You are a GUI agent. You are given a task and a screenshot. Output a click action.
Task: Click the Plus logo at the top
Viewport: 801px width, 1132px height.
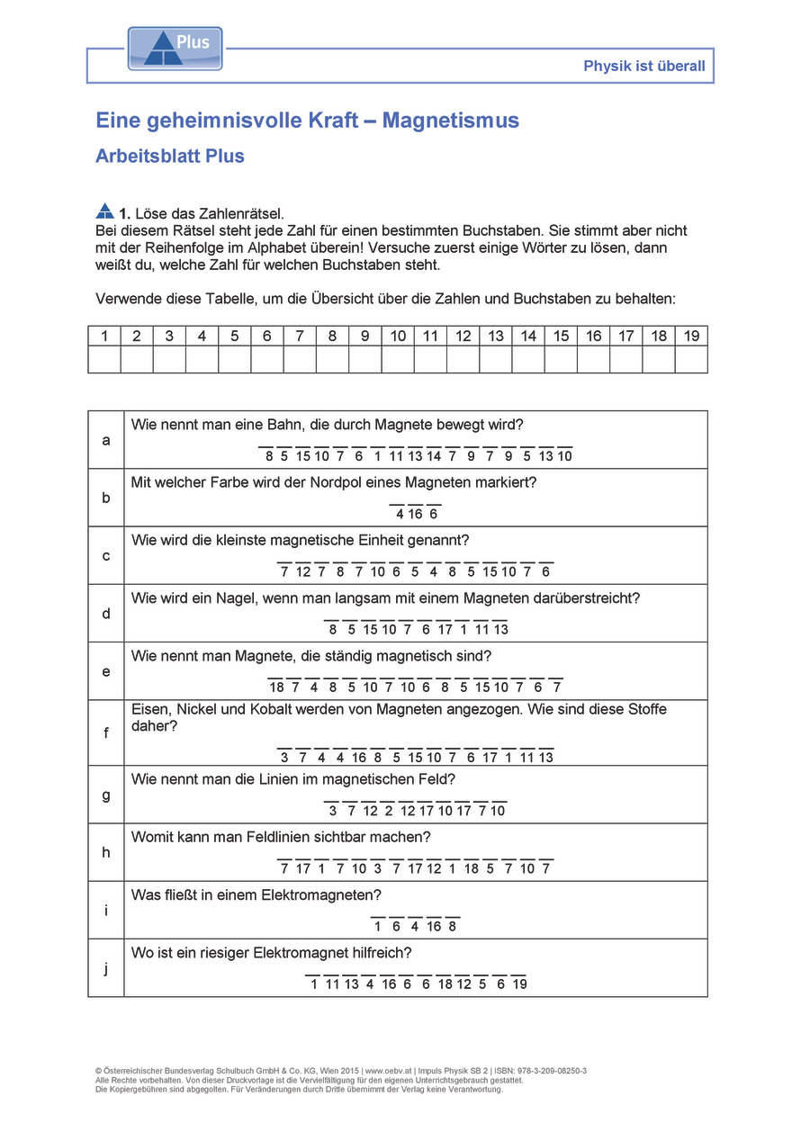tap(175, 49)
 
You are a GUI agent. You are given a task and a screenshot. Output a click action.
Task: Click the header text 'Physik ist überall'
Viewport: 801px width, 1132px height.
tap(643, 66)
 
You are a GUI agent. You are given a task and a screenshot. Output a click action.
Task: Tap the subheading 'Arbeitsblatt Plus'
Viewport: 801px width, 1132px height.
tap(170, 156)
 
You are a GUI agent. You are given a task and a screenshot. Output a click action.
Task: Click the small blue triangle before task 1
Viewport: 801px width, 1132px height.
tap(104, 211)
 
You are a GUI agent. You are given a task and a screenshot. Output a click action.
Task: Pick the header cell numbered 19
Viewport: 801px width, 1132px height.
tap(691, 337)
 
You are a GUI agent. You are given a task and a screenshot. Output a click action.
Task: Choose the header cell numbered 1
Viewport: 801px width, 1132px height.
tap(104, 337)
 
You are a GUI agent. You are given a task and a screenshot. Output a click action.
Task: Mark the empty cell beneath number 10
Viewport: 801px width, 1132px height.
tap(398, 359)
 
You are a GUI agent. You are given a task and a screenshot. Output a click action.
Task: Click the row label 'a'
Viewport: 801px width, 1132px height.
tap(106, 440)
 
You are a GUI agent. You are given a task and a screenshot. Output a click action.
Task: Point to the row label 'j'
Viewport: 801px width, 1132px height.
tap(106, 968)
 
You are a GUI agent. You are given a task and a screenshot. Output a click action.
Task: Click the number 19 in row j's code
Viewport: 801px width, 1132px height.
tap(518, 984)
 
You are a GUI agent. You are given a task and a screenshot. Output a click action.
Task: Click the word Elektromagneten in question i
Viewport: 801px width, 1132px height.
tap(329, 894)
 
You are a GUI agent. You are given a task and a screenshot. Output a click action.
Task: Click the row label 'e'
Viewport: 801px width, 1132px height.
tap(106, 671)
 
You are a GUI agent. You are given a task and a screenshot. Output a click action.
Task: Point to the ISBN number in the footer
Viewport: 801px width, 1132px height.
tap(547, 1071)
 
